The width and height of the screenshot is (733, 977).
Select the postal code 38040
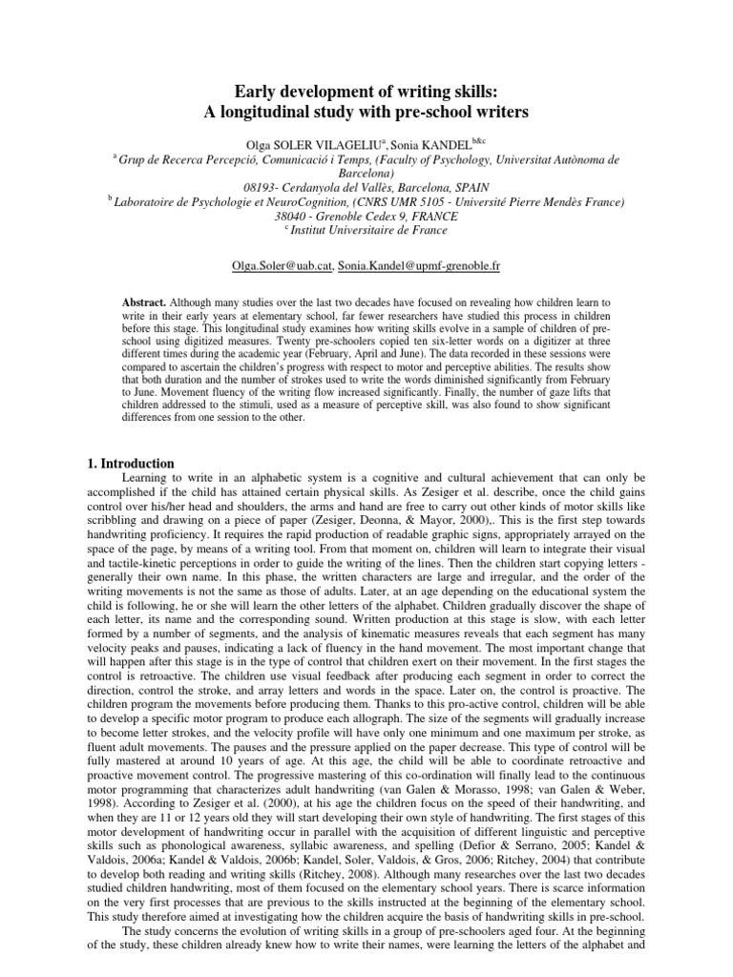click(x=271, y=217)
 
